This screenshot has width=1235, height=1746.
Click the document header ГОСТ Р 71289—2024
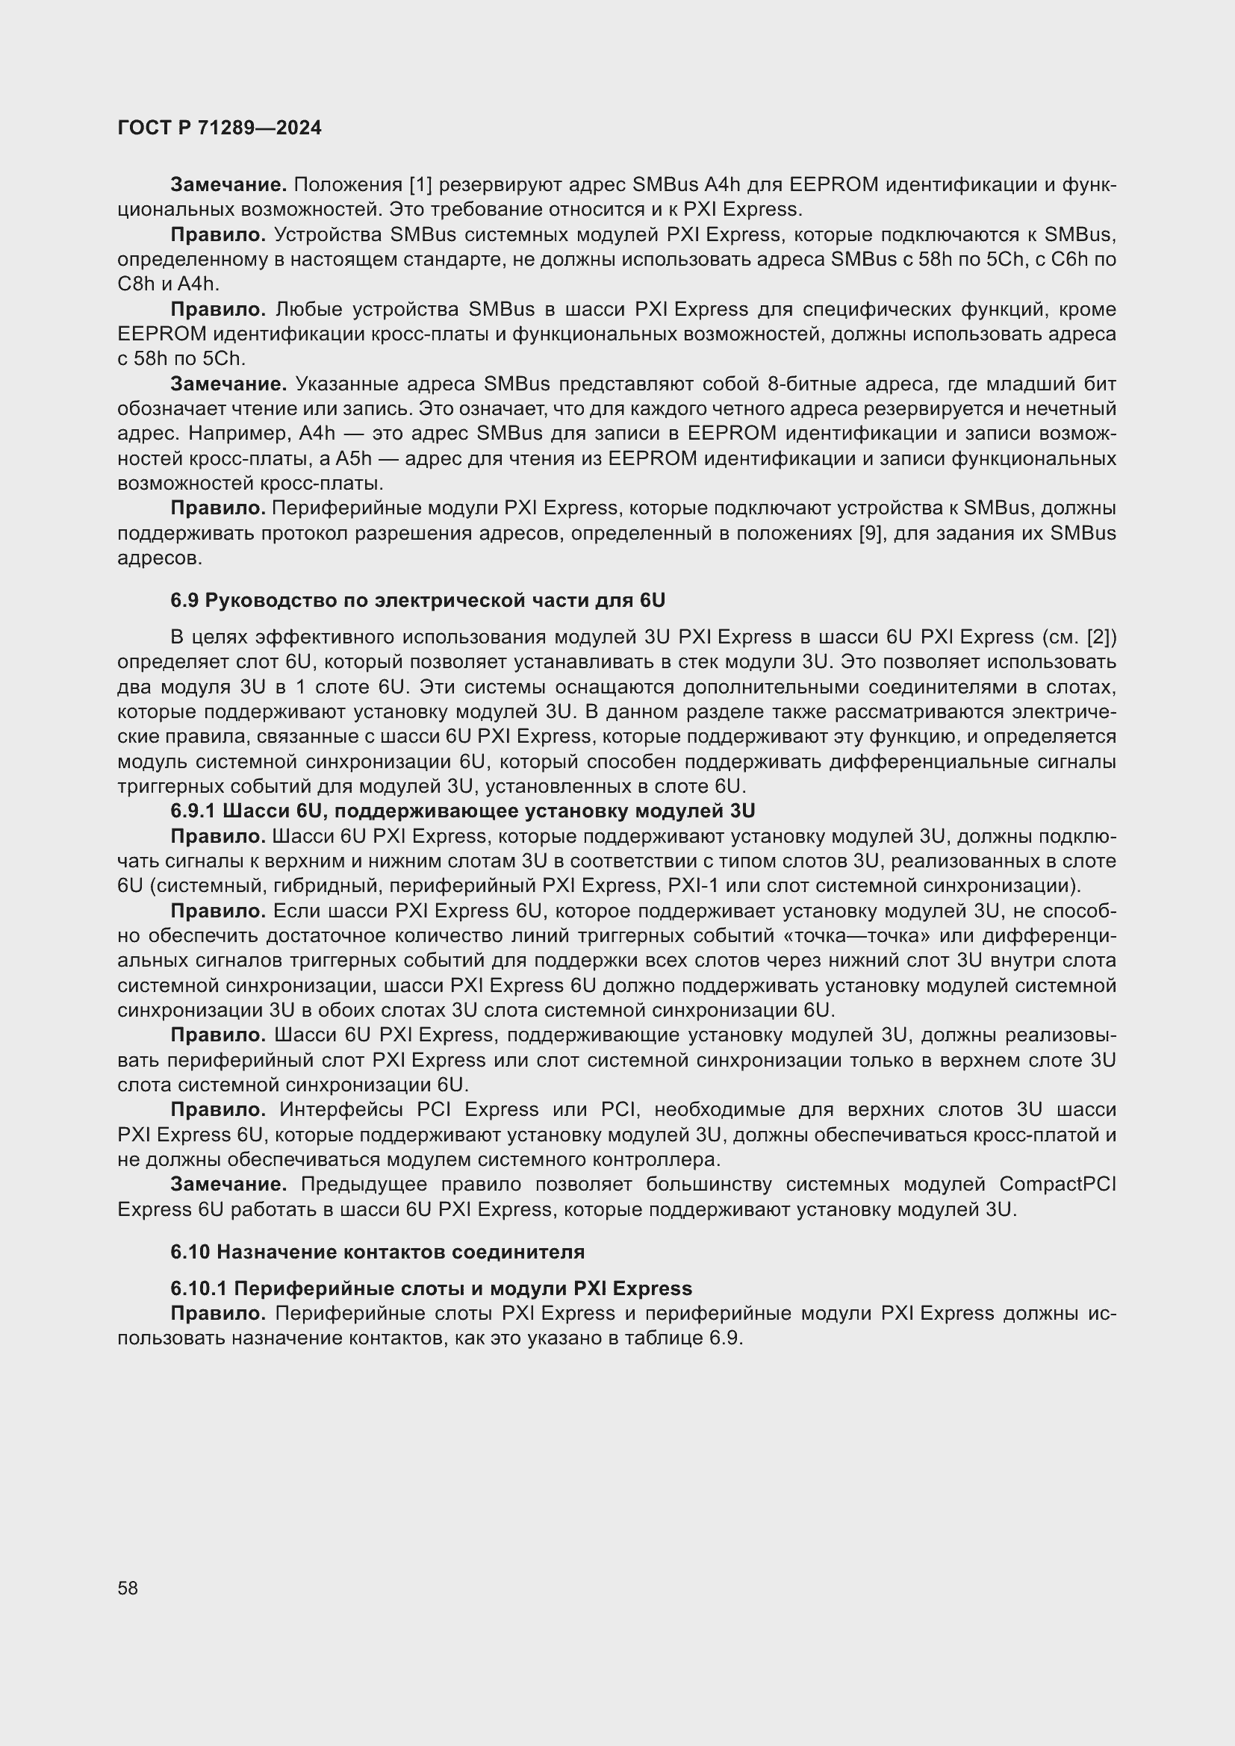[x=219, y=128]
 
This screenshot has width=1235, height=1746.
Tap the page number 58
[x=128, y=1588]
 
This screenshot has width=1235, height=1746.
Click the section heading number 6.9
[x=184, y=601]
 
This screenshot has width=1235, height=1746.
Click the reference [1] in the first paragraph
[x=420, y=185]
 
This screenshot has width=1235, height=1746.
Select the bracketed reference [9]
[x=870, y=533]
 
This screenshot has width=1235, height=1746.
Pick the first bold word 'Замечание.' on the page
[x=228, y=185]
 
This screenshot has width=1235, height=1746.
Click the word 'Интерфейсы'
[x=341, y=1109]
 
